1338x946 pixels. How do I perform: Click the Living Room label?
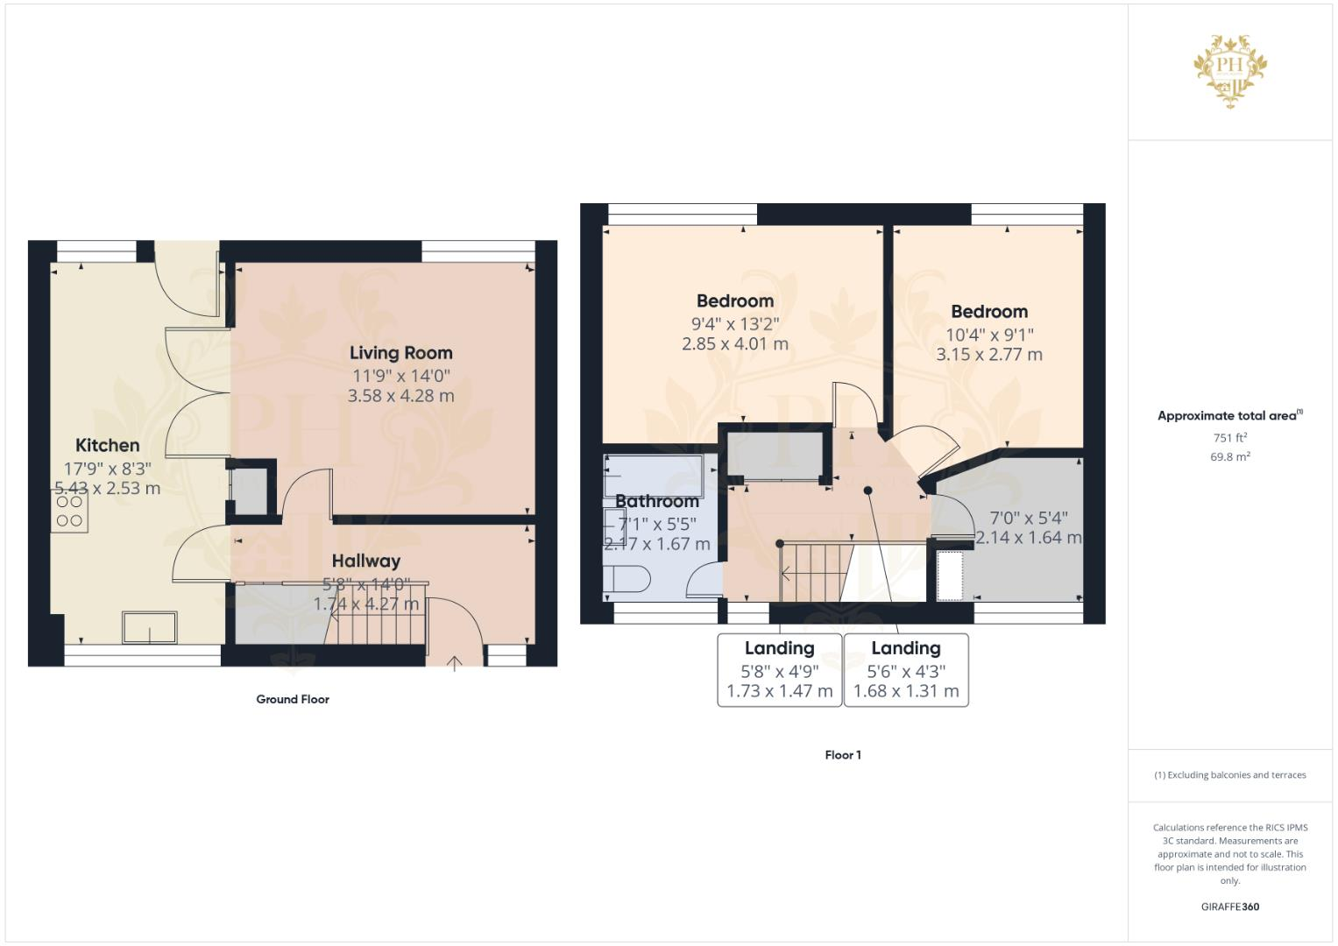[400, 353]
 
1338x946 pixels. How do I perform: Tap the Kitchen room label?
[107, 445]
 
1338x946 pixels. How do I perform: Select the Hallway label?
[365, 561]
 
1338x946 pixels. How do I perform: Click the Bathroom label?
[656, 501]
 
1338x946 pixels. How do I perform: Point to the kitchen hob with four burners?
[69, 512]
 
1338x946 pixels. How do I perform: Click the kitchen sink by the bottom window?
[150, 627]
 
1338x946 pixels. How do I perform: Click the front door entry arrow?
[455, 662]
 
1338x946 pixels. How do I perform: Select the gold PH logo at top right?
[1230, 70]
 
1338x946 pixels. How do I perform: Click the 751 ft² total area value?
[1229, 438]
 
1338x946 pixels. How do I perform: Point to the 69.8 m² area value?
[1229, 457]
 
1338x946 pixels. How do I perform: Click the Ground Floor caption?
[293, 699]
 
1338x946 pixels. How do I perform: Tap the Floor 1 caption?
[843, 755]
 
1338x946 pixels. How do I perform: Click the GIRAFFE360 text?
[1229, 907]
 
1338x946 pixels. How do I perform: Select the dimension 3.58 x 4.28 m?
[400, 396]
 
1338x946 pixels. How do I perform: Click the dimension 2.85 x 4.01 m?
[734, 344]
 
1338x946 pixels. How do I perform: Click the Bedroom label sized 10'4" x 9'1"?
[989, 312]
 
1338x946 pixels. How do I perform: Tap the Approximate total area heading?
[1229, 416]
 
